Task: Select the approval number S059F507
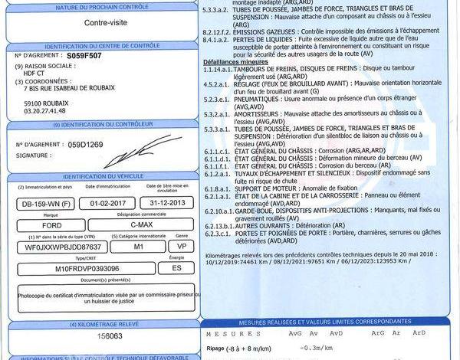pos(84,56)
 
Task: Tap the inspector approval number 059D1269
pos(84,144)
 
